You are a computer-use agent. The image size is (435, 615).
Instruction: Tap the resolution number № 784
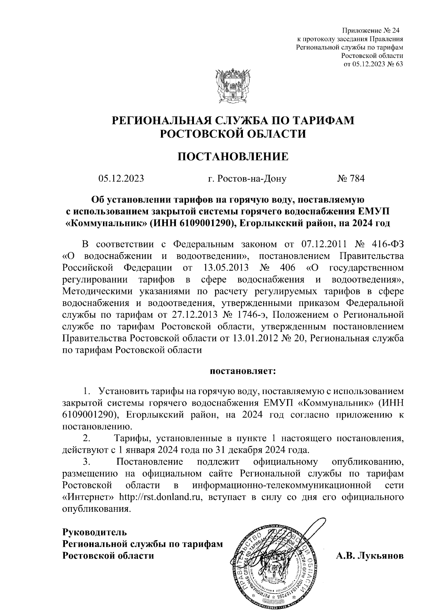(351, 179)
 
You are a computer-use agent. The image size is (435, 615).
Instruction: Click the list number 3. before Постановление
(87, 462)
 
